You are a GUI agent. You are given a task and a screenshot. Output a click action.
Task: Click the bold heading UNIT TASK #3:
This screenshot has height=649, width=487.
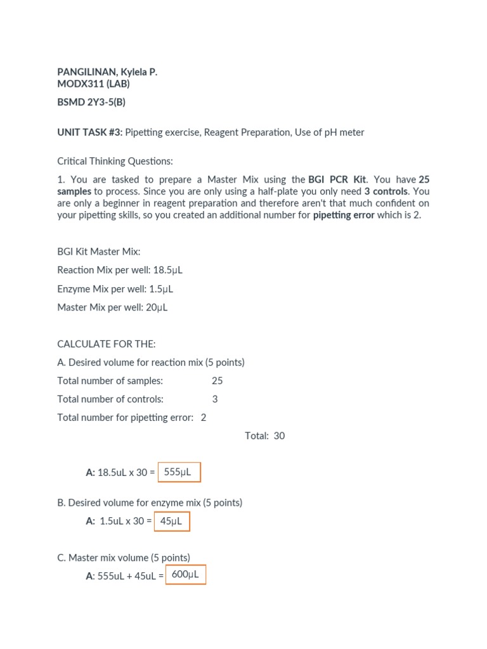click(x=89, y=132)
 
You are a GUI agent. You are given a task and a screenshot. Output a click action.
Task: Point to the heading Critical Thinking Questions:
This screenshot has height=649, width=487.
click(x=115, y=161)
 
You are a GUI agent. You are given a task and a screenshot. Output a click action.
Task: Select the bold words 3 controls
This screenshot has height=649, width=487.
click(x=386, y=191)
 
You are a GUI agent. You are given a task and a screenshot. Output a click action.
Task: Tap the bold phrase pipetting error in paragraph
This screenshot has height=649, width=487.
click(x=344, y=215)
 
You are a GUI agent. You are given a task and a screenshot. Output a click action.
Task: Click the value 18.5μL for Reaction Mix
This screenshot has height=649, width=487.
click(x=167, y=270)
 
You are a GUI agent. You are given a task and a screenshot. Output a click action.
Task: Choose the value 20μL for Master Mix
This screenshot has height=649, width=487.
click(x=156, y=308)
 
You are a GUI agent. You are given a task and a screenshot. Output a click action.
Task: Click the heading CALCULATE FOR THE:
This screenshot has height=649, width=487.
click(x=106, y=344)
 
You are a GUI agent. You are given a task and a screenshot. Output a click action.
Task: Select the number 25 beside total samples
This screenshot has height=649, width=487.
click(x=218, y=381)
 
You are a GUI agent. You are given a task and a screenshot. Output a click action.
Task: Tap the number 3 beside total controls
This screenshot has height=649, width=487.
click(x=215, y=399)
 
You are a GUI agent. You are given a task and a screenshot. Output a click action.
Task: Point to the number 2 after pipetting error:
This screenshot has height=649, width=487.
click(x=204, y=418)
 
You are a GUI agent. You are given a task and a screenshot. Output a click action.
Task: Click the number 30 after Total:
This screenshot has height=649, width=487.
click(x=280, y=436)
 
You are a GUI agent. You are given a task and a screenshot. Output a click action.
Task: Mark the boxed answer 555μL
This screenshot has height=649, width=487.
click(x=178, y=472)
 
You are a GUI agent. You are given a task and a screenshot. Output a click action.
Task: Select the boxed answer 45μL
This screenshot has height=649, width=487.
click(x=171, y=521)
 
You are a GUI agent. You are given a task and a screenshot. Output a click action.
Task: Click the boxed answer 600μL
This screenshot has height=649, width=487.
click(x=185, y=575)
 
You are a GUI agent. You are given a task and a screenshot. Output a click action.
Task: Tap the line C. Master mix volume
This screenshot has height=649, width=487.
click(x=124, y=558)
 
